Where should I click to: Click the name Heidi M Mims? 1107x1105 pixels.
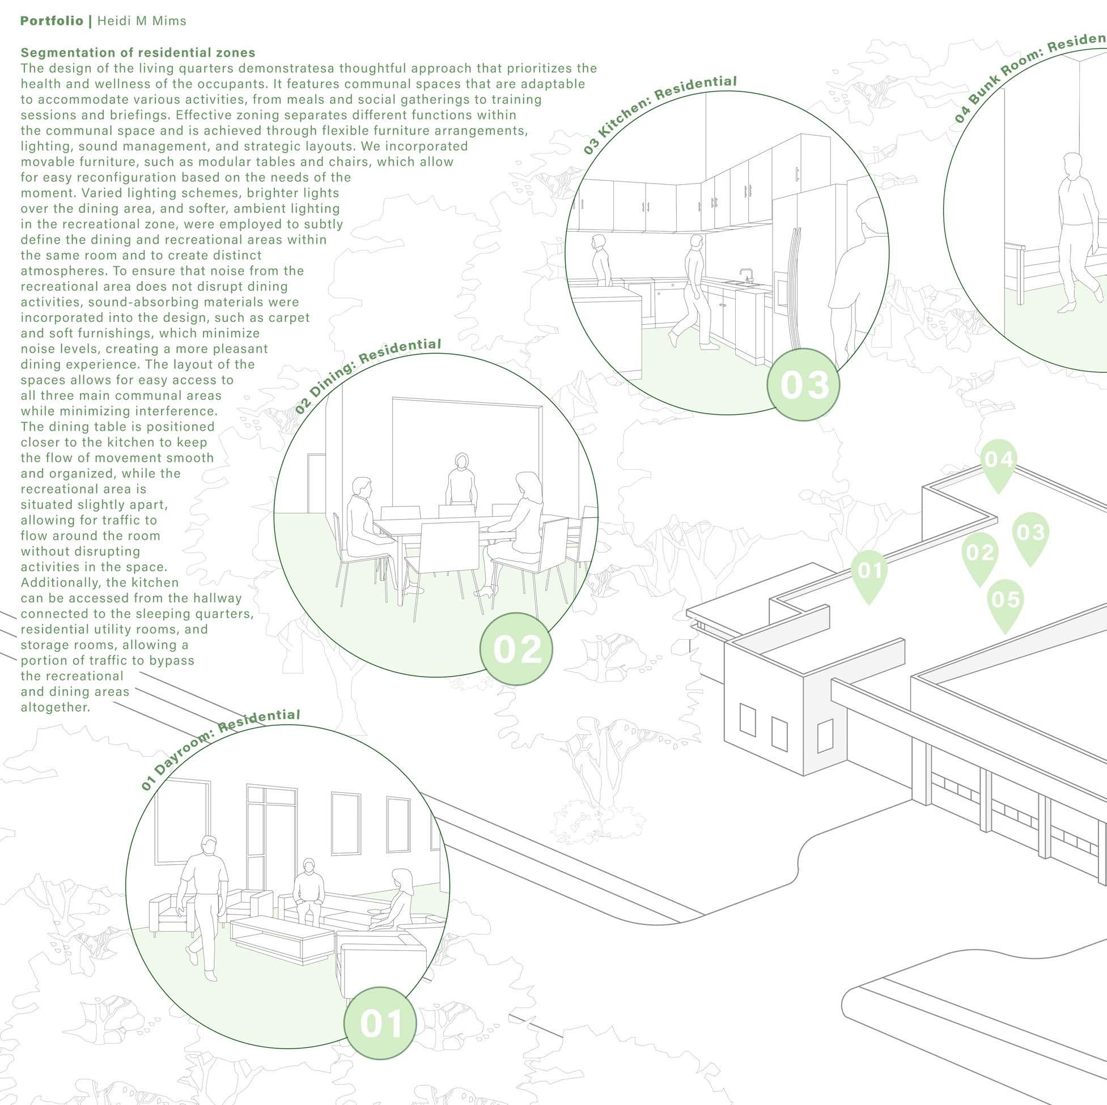[x=142, y=21]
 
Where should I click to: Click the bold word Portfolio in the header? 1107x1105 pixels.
[x=52, y=21]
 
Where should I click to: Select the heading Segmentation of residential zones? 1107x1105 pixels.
[x=138, y=53]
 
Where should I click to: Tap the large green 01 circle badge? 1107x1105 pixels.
[x=380, y=1023]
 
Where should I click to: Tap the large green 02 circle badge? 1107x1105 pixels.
[x=516, y=648]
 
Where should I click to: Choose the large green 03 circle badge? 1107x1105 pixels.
[x=804, y=384]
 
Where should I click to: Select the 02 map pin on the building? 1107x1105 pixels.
[x=979, y=557]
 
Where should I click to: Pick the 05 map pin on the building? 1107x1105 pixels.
[x=1005, y=603]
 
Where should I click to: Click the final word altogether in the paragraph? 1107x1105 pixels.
[x=56, y=707]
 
